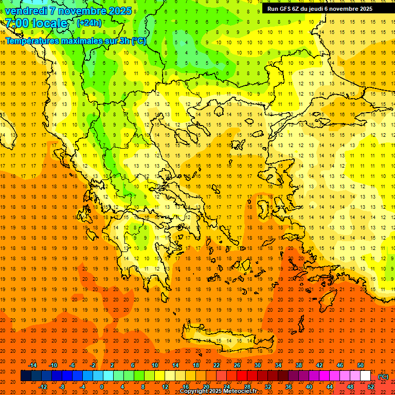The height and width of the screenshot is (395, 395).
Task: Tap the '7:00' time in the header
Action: tap(16, 23)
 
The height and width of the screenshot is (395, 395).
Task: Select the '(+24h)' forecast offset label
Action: tap(89, 23)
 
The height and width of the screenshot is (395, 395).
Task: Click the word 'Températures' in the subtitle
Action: tap(32, 41)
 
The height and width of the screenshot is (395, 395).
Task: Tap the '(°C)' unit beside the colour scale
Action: tap(383, 376)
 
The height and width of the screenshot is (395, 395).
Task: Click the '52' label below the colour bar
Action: tap(371, 386)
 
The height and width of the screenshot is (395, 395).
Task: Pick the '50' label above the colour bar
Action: tap(361, 365)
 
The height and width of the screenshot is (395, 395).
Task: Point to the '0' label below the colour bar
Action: tap(102, 386)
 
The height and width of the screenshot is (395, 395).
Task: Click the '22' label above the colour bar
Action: tap(217, 365)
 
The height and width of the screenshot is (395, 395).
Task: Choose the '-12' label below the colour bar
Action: tap(43, 386)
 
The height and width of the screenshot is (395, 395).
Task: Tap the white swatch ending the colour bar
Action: tap(366, 376)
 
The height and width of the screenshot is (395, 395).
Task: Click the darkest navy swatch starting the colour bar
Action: tap(26, 376)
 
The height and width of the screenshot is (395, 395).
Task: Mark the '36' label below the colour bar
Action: tap(289, 386)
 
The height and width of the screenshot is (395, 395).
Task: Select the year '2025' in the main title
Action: tap(116, 10)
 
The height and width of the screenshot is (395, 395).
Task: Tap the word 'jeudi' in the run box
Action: tap(322, 9)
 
